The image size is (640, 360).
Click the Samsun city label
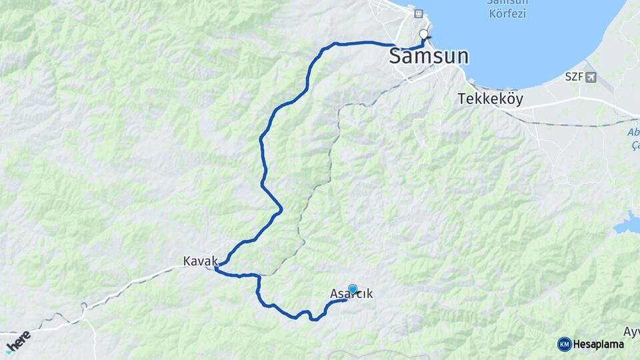(x=429, y=57)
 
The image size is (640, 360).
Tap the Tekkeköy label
(x=490, y=99)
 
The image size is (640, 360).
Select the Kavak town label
(x=201, y=262)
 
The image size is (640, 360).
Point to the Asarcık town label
(x=351, y=294)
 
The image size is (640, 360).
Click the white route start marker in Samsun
(x=423, y=34)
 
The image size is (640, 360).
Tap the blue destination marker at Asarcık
(x=353, y=289)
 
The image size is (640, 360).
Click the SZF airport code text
(x=574, y=77)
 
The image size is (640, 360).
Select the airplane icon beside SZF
(x=591, y=77)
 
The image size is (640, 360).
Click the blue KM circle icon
(x=564, y=344)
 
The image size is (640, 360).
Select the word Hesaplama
(x=599, y=344)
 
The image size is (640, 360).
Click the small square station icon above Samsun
(x=418, y=13)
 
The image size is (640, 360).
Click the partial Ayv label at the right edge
(x=631, y=331)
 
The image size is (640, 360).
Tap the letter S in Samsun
(x=396, y=57)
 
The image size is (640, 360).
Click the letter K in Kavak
(x=187, y=262)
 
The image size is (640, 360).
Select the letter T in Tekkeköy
(x=461, y=99)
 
